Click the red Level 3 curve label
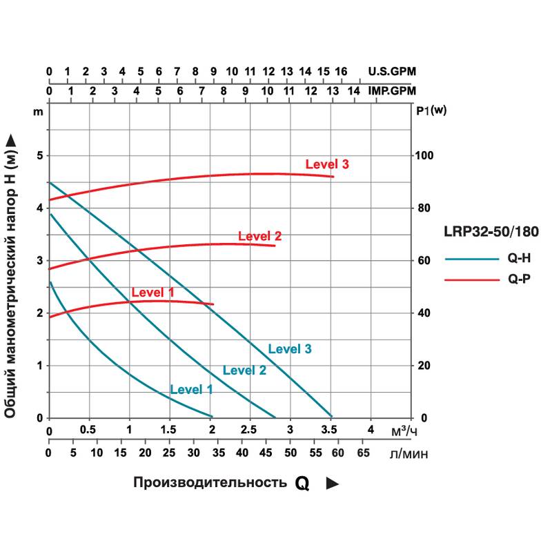pos(327,164)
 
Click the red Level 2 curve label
pos(259,236)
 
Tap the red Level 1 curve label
pos(152,293)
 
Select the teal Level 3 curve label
pos(290,349)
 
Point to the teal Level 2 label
pos(244,370)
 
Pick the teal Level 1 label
pos(191,389)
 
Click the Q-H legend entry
pos(518,259)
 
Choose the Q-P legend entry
pos(518,279)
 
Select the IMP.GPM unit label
pos(393,91)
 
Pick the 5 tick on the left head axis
pos(40,156)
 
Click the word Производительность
pos(210,482)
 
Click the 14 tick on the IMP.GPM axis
pos(354,91)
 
